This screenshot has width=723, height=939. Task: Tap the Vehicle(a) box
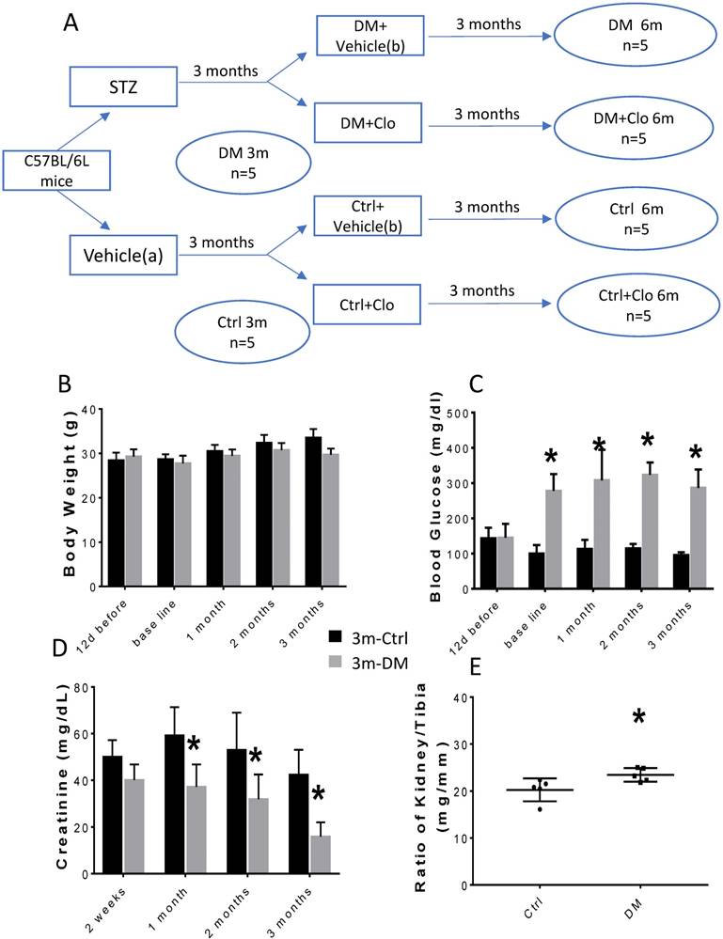click(123, 254)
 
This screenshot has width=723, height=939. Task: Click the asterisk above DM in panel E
click(638, 718)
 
